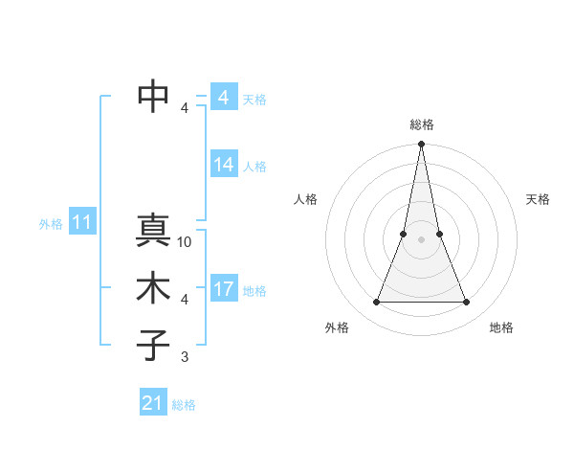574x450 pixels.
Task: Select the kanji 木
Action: [x=153, y=289]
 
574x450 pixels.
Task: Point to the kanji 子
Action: [x=153, y=346]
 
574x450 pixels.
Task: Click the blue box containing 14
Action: [x=224, y=165]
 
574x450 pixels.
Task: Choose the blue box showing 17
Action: [x=224, y=289]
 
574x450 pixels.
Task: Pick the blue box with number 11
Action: [x=81, y=223]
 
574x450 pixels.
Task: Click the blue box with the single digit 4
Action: [x=224, y=98]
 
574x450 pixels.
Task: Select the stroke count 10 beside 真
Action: [x=185, y=242]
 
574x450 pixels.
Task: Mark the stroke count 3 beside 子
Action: [x=185, y=357]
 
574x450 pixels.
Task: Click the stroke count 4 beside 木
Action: [x=185, y=300]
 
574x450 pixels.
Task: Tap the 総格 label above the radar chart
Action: [x=421, y=124]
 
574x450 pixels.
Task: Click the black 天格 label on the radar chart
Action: [x=538, y=199]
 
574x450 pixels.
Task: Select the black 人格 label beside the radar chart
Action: [x=305, y=199]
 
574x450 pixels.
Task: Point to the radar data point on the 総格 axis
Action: [x=421, y=145]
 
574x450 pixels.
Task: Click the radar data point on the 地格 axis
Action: [x=466, y=303]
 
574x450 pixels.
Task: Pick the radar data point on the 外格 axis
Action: [x=376, y=303]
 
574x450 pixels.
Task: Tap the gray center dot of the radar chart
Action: [x=421, y=240]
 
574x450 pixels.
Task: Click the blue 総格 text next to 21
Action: [x=184, y=405]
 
